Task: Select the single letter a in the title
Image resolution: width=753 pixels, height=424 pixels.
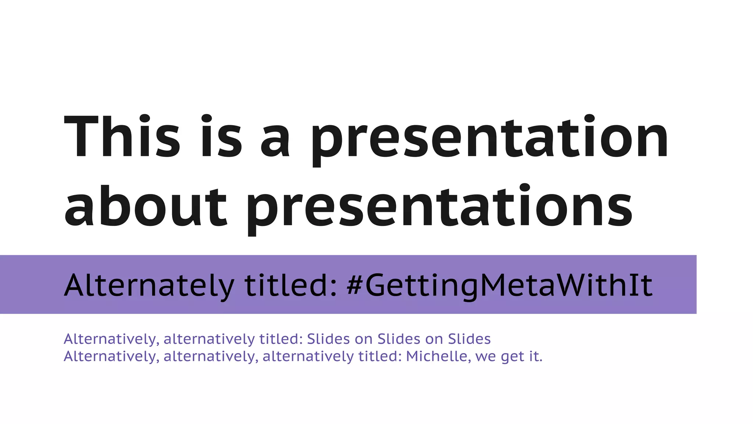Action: [275, 142]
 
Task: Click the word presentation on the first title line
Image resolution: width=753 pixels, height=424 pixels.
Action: [489, 140]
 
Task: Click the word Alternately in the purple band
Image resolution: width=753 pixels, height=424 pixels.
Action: [149, 286]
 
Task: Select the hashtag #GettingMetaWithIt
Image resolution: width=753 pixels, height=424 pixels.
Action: [500, 286]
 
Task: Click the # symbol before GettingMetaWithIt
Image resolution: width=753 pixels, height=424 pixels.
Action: [355, 285]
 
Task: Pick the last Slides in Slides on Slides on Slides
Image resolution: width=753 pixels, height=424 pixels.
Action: [470, 339]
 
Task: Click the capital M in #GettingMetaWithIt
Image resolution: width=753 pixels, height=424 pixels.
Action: [495, 285]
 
